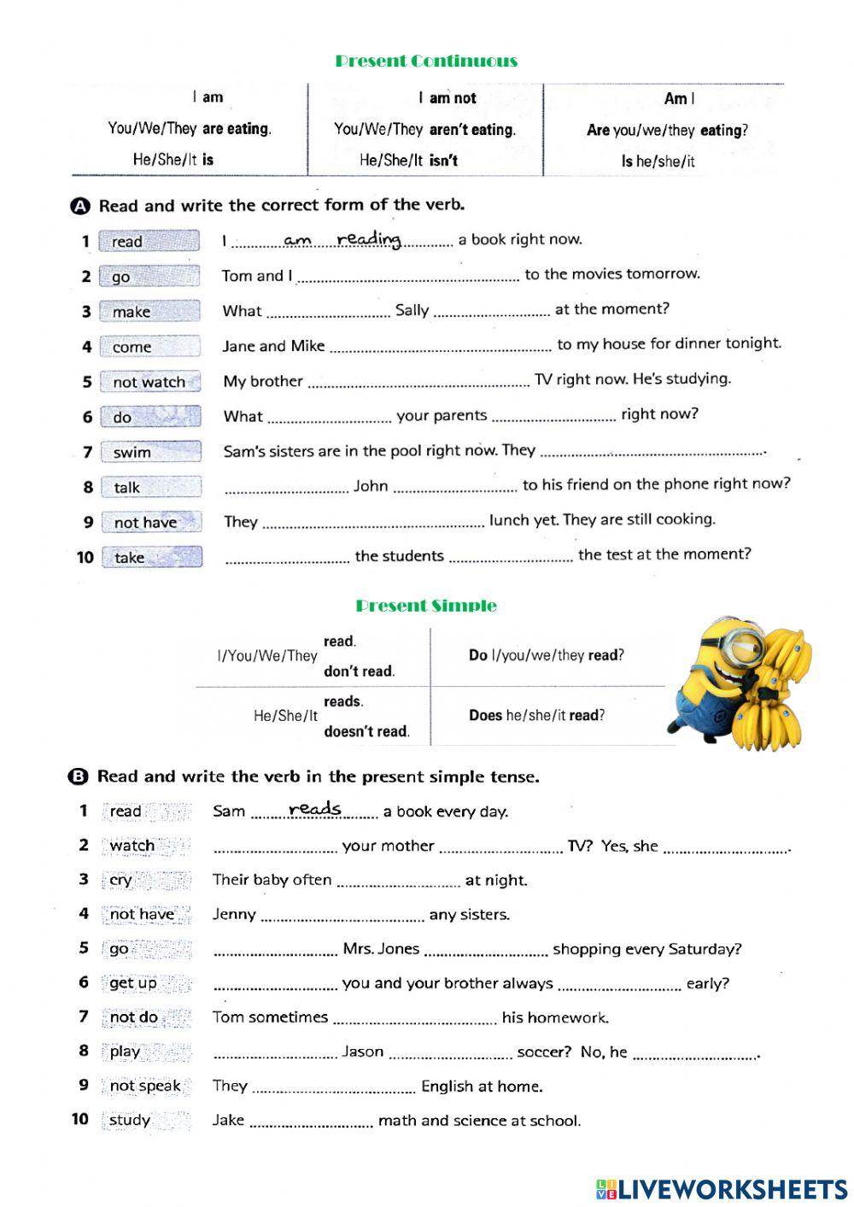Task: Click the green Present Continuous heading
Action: pyautogui.click(x=426, y=61)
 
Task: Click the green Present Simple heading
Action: pyautogui.click(x=426, y=606)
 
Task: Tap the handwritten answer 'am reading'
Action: pyautogui.click(x=342, y=240)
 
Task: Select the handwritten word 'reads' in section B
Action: pyautogui.click(x=315, y=808)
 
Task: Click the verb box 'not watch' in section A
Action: pyautogui.click(x=149, y=382)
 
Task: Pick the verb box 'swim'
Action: pyautogui.click(x=149, y=452)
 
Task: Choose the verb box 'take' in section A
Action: pyautogui.click(x=150, y=557)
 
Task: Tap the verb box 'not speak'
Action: pyautogui.click(x=145, y=1086)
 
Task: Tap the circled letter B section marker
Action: pyautogui.click(x=78, y=776)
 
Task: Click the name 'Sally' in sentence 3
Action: pyautogui.click(x=412, y=310)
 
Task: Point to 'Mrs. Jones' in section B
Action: pyautogui.click(x=381, y=949)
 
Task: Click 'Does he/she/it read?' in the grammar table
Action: pyautogui.click(x=536, y=716)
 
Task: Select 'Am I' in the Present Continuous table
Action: pyautogui.click(x=679, y=99)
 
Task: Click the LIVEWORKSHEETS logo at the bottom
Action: pyautogui.click(x=722, y=1189)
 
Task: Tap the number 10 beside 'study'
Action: pyautogui.click(x=80, y=1119)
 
